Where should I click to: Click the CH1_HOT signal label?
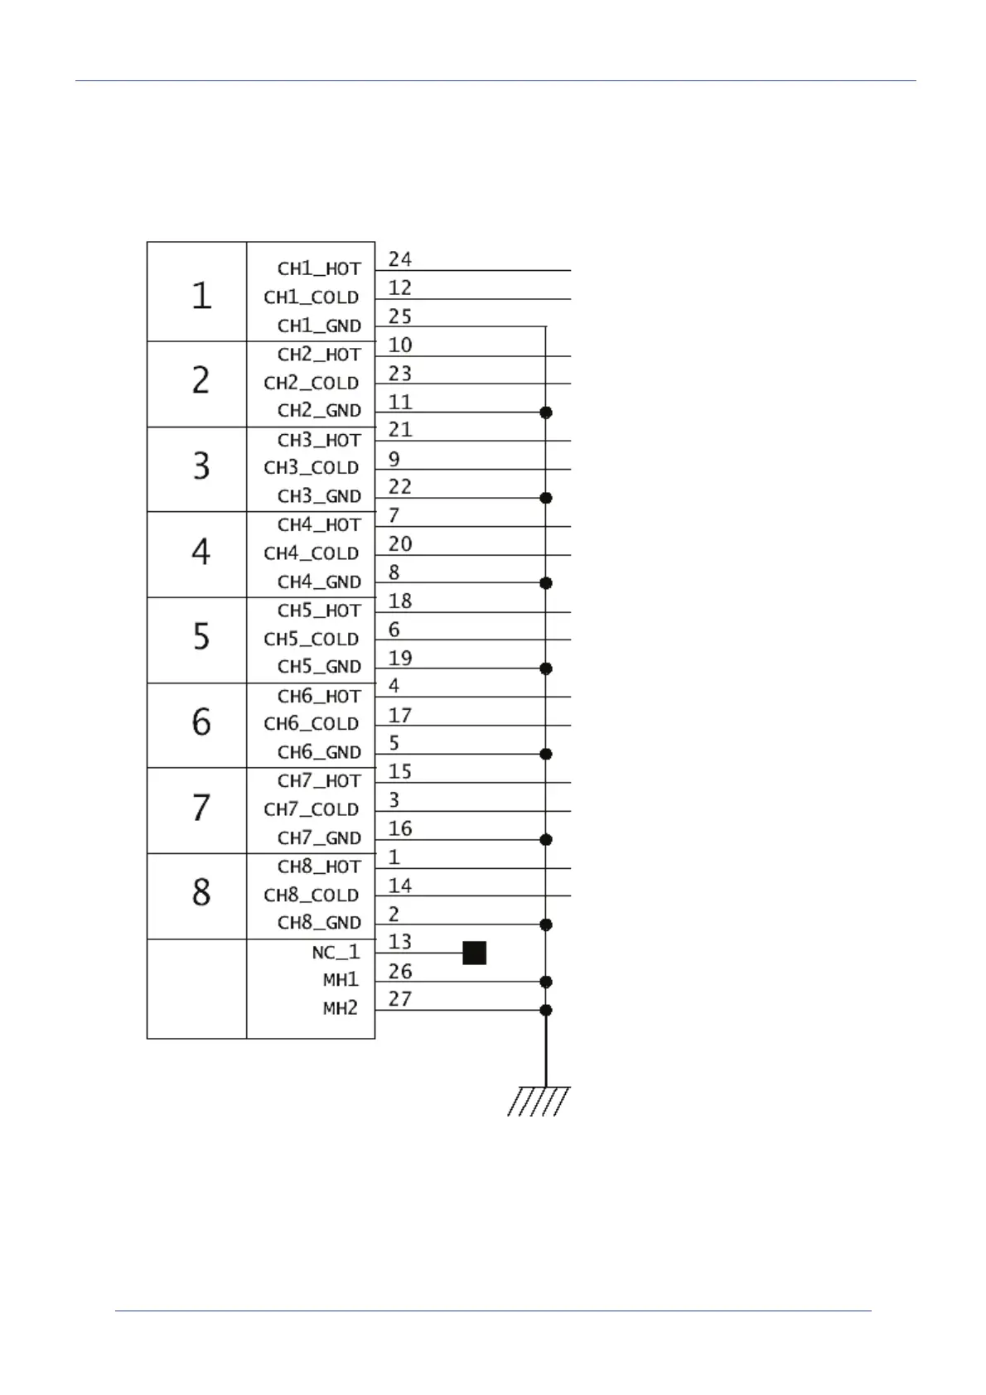(319, 268)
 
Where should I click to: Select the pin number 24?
(399, 259)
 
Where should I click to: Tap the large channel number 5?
(201, 636)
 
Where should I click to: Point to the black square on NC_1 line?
(474, 953)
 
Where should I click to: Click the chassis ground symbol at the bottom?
(539, 1101)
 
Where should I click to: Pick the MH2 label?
(341, 1008)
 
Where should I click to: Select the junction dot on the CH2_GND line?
(545, 412)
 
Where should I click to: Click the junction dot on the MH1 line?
(545, 982)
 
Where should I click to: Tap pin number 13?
(399, 942)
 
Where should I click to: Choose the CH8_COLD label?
(312, 895)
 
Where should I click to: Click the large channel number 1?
(201, 295)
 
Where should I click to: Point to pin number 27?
(399, 999)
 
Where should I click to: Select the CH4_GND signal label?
(319, 582)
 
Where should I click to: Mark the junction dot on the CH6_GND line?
(545, 754)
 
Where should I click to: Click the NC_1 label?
(336, 952)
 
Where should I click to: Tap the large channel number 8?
(201, 893)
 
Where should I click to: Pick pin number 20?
(399, 544)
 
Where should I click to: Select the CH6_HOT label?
(319, 696)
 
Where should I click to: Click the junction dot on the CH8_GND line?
(545, 924)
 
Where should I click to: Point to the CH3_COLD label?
(312, 467)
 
